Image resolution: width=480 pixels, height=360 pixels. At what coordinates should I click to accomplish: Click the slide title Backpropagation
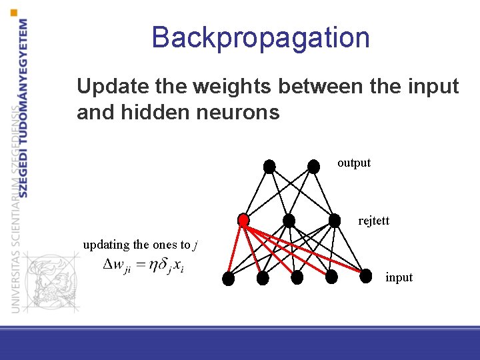pos(260,37)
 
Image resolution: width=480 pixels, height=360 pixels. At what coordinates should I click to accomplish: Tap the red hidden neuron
pos(243,219)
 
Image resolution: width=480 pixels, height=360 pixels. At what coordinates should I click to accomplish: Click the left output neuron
pos(269,167)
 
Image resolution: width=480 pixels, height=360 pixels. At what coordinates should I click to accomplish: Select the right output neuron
pos(313,166)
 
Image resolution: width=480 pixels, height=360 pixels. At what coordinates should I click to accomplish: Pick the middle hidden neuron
pos(289,220)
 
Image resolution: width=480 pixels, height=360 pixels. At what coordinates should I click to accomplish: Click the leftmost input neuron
pos(228,279)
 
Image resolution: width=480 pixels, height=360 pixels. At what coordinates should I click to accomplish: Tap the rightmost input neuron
pos(365,276)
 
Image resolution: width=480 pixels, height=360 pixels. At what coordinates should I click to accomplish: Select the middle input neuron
pos(297,277)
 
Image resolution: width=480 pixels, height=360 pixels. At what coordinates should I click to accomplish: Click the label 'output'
pos(354,163)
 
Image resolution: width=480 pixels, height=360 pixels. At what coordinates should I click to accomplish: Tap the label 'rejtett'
pos(373,220)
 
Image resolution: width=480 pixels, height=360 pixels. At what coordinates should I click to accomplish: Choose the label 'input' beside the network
pos(399,277)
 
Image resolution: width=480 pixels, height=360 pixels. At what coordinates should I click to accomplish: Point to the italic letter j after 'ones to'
pos(195,245)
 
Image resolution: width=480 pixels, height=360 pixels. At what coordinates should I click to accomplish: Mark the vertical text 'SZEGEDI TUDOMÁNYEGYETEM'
pos(24,107)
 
